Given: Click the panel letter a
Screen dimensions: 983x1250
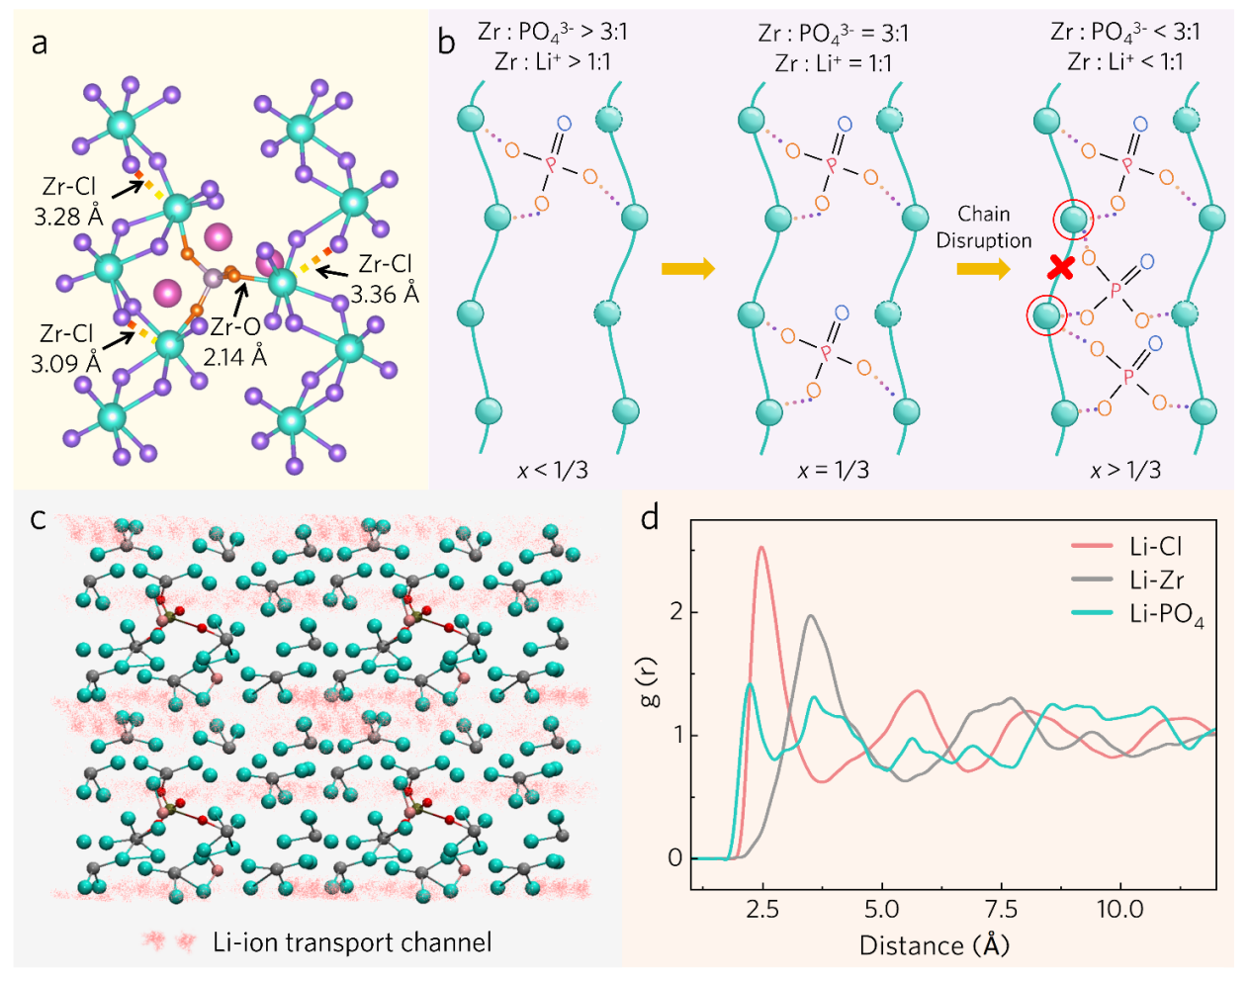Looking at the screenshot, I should (40, 44).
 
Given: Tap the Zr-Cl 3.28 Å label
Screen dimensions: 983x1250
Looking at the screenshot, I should (68, 201).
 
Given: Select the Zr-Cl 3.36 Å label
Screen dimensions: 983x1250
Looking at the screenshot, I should (385, 279).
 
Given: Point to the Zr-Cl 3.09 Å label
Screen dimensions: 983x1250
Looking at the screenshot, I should (66, 348).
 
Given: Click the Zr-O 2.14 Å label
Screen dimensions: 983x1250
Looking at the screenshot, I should (234, 341).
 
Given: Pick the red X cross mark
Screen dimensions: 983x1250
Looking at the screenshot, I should (1061, 266).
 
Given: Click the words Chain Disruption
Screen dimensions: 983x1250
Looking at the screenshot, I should (984, 227).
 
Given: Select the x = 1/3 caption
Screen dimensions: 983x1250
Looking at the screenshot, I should (833, 470).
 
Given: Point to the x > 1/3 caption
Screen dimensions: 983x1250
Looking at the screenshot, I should (1125, 470).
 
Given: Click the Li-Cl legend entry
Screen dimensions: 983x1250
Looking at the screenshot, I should (1155, 546).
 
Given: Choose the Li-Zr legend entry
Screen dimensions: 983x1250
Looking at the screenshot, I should (1155, 580).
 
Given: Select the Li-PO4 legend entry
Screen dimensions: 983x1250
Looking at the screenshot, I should (1165, 614).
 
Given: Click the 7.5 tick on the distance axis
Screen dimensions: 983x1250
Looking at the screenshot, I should (1001, 908).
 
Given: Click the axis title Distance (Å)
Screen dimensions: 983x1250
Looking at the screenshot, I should (935, 945).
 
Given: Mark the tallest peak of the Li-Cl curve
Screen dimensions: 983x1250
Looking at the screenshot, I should (761, 548).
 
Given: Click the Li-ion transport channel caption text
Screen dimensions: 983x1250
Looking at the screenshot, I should (352, 942).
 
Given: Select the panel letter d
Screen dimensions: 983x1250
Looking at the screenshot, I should (650, 517).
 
